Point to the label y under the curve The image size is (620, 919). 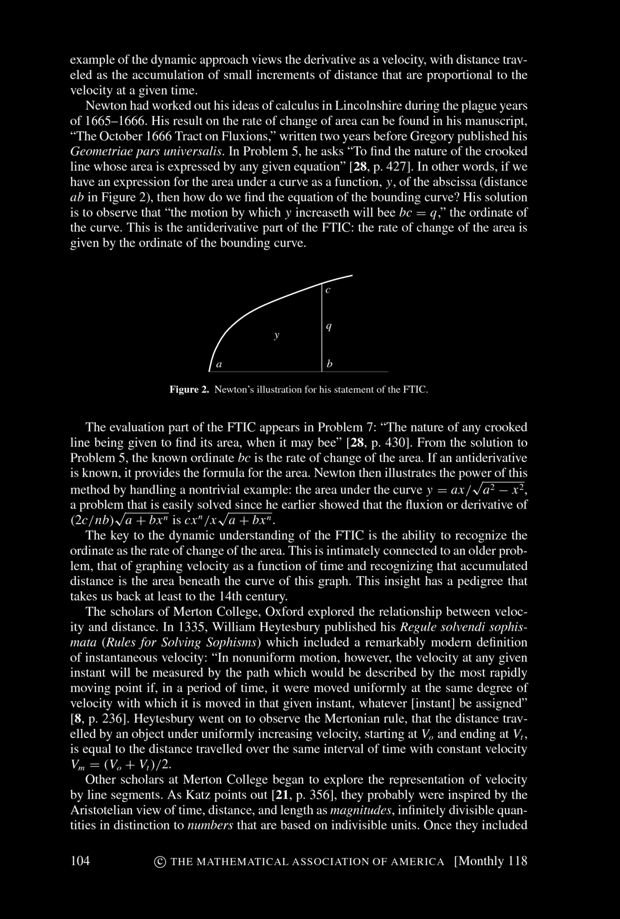277,336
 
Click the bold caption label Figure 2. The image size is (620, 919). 189,389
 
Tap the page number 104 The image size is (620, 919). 80,861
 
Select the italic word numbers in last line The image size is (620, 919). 210,825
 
